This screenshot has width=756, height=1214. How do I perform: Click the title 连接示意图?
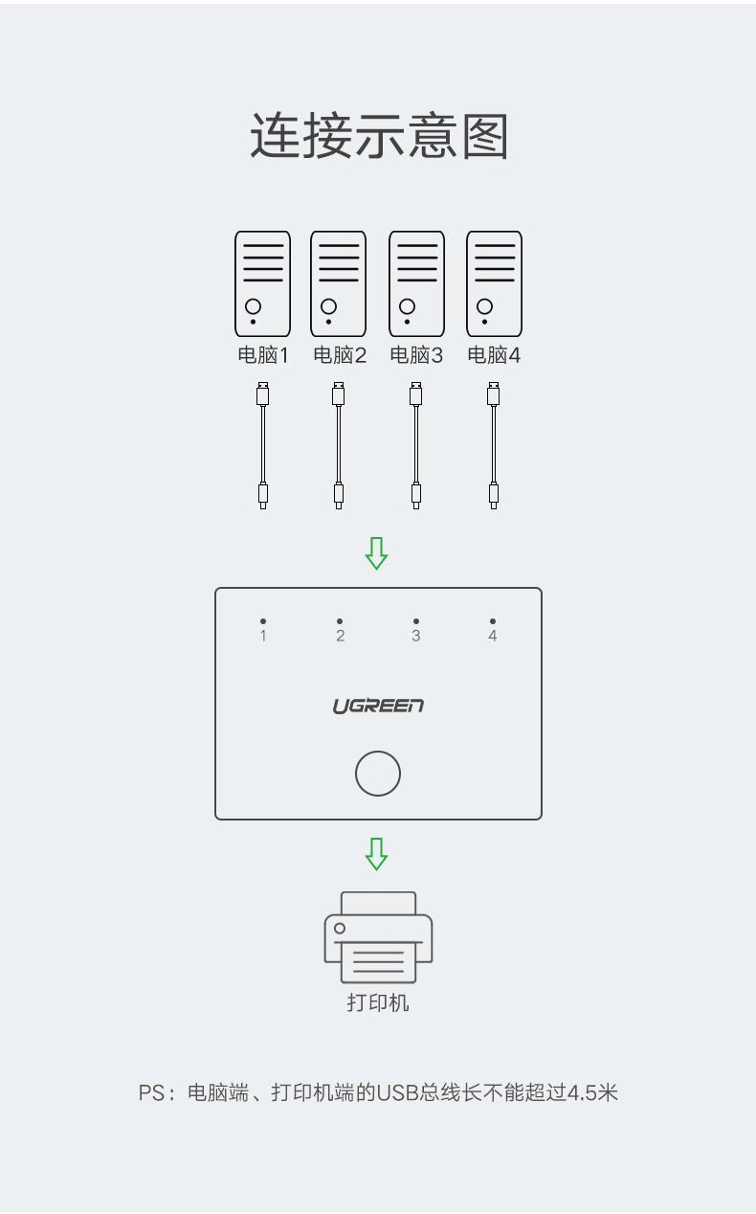(x=379, y=136)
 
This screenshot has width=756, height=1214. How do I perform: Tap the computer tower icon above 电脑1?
(x=262, y=283)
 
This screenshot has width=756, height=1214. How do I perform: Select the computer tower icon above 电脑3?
(x=416, y=283)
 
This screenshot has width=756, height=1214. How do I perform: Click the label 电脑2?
(x=340, y=355)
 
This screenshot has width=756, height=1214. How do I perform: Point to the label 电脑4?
(x=494, y=355)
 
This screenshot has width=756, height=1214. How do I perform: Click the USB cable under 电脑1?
(x=262, y=445)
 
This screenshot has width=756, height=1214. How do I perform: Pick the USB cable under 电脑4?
(x=494, y=445)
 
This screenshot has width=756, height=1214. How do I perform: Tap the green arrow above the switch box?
(x=376, y=553)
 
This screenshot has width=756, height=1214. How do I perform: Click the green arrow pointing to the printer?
(x=376, y=854)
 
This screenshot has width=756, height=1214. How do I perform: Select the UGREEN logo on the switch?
(x=378, y=707)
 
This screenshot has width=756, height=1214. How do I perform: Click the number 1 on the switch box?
(x=263, y=636)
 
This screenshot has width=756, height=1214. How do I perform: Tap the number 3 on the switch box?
(x=416, y=636)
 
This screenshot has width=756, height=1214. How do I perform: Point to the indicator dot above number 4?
(x=492, y=621)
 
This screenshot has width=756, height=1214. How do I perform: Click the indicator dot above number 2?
(x=340, y=621)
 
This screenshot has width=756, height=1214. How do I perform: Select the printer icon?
(x=378, y=937)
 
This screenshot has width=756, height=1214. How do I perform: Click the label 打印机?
(x=378, y=1002)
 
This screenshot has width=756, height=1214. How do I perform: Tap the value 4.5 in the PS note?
(x=582, y=1093)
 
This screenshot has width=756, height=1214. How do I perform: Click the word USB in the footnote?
(x=397, y=1093)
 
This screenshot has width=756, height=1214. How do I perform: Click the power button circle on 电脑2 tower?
(x=329, y=306)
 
